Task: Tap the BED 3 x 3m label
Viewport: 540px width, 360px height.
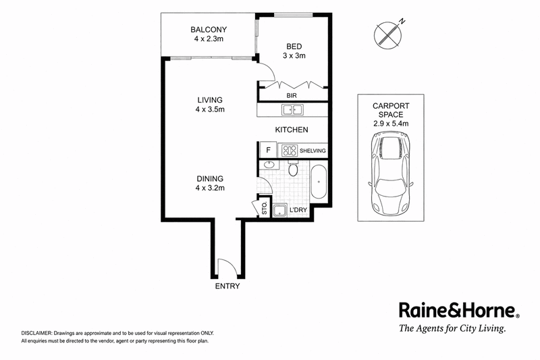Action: coord(294,51)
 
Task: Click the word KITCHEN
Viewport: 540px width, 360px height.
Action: coord(292,130)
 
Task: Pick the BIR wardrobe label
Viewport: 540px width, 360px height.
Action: coord(292,95)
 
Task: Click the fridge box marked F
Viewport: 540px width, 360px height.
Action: coord(268,150)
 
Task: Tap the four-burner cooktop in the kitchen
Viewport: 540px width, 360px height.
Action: coord(290,151)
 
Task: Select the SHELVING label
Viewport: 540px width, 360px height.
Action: coord(313,151)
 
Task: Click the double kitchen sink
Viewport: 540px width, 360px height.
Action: coord(292,110)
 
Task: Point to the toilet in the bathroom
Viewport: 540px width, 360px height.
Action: coord(293,168)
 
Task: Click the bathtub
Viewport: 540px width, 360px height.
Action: coord(318,182)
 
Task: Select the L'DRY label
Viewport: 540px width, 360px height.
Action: coord(298,210)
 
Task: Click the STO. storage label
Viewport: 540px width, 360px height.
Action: coord(265,208)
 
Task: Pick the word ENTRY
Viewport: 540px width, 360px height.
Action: coord(227,286)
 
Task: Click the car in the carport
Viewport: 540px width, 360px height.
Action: coord(391,174)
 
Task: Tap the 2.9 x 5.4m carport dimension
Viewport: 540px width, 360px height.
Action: coord(391,124)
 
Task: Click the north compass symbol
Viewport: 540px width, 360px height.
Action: coord(388,34)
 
